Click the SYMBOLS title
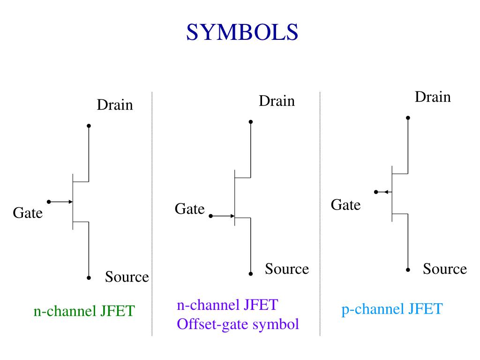tap(242, 32)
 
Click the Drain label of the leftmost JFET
tap(115, 105)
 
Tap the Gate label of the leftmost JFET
tap(28, 213)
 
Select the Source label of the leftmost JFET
tap(127, 277)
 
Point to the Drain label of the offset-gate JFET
tap(277, 101)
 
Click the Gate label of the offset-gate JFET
tap(189, 209)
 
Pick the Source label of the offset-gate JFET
tap(287, 269)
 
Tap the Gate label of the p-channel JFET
tap(345, 205)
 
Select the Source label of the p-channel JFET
tap(445, 269)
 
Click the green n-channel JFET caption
tap(84, 311)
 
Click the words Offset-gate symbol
tap(238, 324)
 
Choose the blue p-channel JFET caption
tap(392, 308)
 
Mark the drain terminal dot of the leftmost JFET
tap(89, 126)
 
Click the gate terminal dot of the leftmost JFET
tap(49, 202)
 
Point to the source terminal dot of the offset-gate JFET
tap(250, 274)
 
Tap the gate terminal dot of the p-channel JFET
tap(376, 192)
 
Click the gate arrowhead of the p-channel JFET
tap(386, 192)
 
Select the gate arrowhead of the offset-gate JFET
tap(232, 216)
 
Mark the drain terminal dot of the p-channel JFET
tap(408, 118)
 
